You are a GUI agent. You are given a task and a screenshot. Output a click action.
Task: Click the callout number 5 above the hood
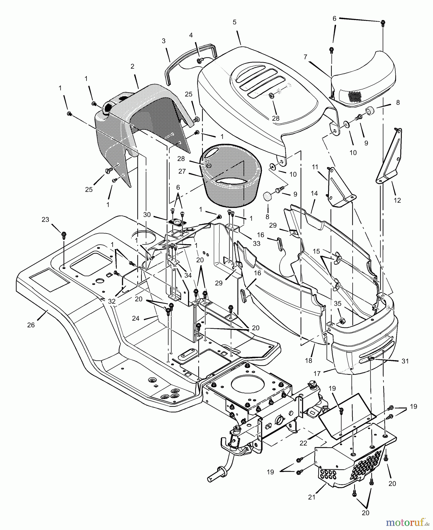[234, 22]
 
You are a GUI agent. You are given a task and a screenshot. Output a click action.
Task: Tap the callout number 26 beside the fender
[31, 325]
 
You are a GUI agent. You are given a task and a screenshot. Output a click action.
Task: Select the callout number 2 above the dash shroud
[132, 67]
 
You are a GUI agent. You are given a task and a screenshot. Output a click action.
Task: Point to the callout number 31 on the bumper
[405, 361]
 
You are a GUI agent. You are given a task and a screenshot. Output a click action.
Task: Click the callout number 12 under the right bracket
[397, 201]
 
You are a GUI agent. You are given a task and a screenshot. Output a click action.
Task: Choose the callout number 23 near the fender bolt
[46, 220]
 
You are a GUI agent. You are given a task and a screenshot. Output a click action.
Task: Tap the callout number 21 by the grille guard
[312, 497]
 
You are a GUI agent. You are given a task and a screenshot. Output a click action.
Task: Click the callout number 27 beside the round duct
[182, 171]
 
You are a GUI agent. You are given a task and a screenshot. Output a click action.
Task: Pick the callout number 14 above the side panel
[314, 193]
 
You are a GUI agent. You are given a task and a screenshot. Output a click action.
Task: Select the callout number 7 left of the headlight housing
[305, 57]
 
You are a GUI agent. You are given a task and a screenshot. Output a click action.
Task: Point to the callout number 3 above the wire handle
[164, 41]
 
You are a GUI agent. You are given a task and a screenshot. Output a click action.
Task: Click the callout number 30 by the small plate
[147, 215]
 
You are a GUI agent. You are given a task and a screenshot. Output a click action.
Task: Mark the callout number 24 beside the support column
[136, 318]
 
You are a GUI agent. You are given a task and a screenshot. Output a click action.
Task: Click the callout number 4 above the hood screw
[191, 35]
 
